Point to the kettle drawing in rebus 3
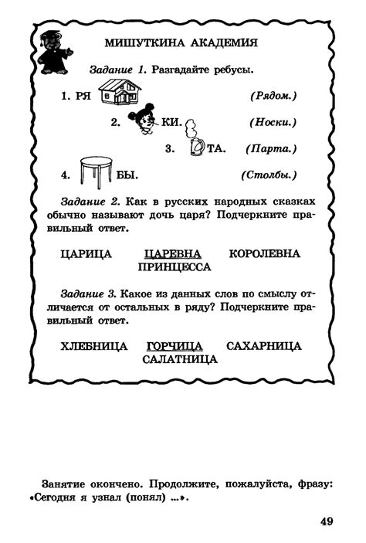pyautogui.click(x=196, y=144)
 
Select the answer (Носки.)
pyautogui.click(x=273, y=122)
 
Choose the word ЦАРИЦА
pyautogui.click(x=86, y=254)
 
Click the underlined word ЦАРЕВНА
pyautogui.click(x=172, y=254)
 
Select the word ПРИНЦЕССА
pyautogui.click(x=174, y=267)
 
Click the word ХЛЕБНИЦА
pyautogui.click(x=94, y=346)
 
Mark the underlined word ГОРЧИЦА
pyautogui.click(x=174, y=346)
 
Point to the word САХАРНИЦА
pyautogui.click(x=264, y=346)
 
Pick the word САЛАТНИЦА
pyautogui.click(x=180, y=359)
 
